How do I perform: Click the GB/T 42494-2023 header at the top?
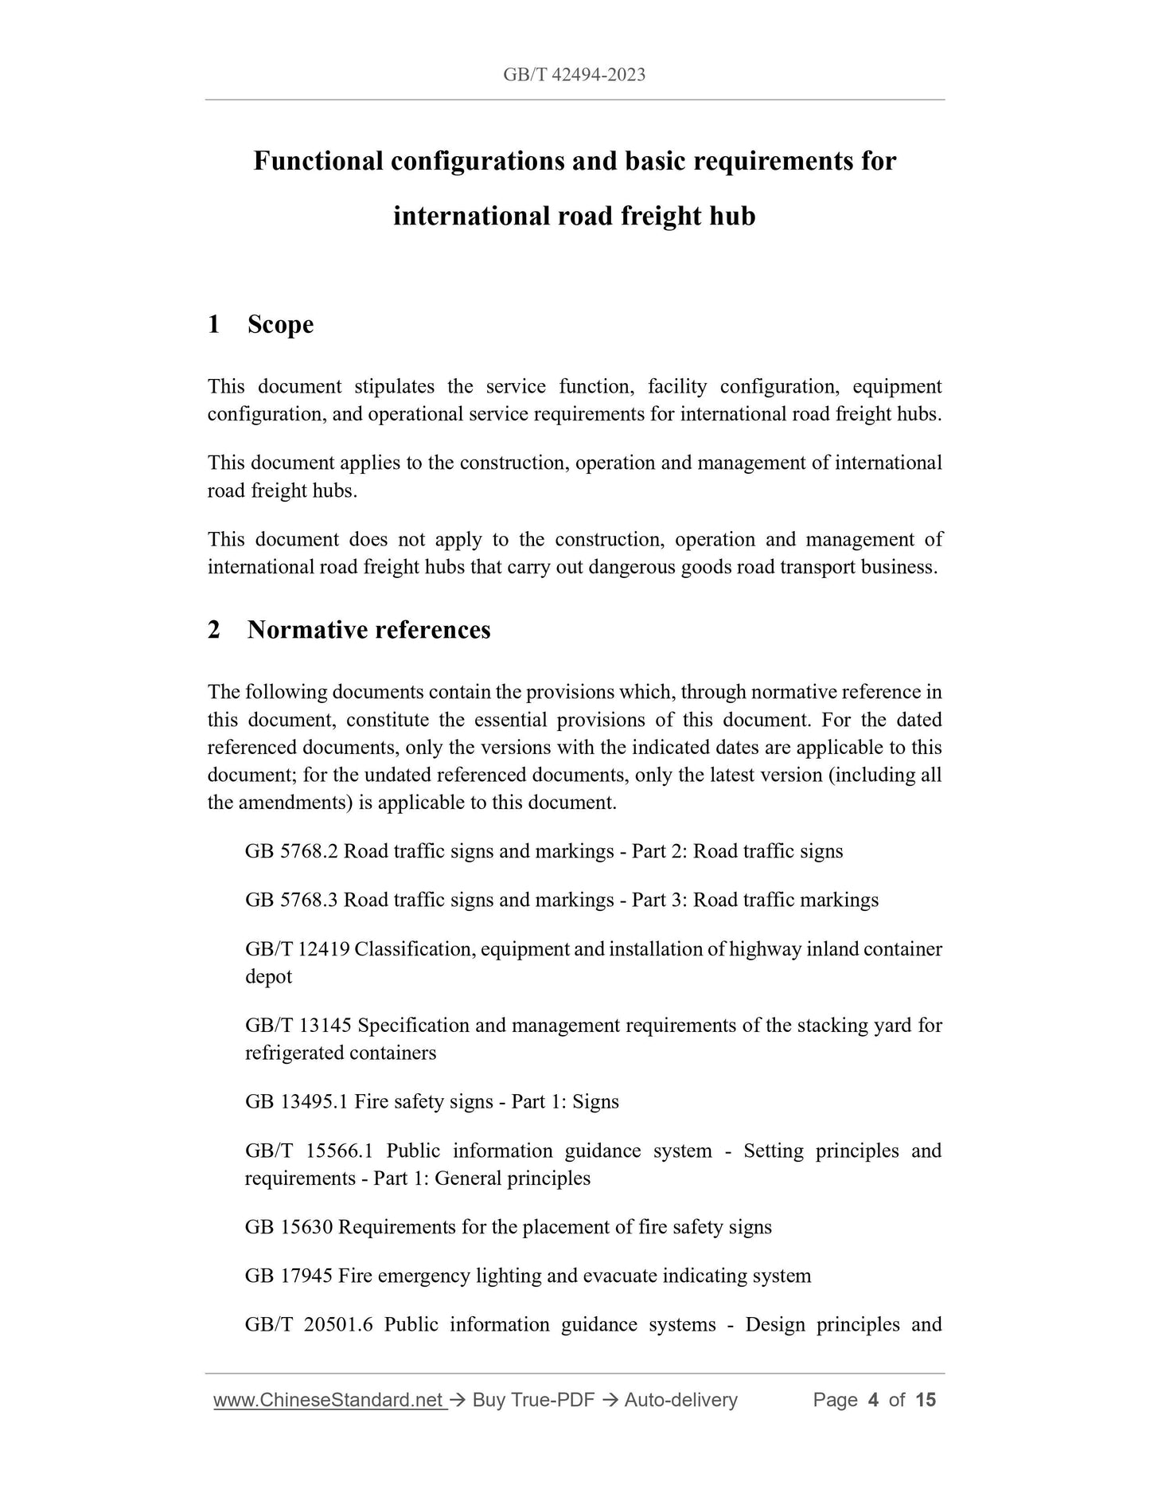click(x=574, y=75)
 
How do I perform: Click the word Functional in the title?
click(x=318, y=161)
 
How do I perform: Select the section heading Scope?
click(x=280, y=325)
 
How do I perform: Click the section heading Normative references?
click(x=368, y=630)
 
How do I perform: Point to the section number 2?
click(x=213, y=630)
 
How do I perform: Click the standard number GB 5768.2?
click(x=291, y=851)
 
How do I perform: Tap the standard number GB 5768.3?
click(x=291, y=900)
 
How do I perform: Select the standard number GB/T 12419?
click(x=297, y=949)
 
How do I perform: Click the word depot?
click(x=268, y=977)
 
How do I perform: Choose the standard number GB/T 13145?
click(x=297, y=1026)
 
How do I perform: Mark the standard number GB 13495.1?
click(x=297, y=1102)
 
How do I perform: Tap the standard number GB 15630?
click(x=289, y=1227)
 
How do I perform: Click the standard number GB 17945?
click(x=289, y=1276)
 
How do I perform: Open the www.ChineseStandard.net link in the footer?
click(x=328, y=1400)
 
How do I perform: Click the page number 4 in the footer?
click(x=873, y=1400)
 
